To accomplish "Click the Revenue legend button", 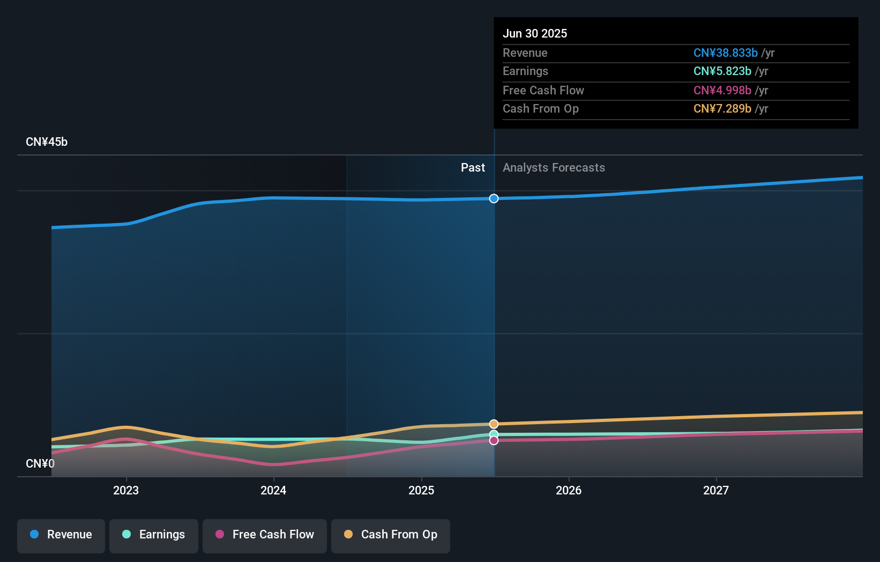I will [61, 535].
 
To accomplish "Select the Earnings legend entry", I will [154, 535].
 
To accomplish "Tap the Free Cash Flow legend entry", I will [265, 535].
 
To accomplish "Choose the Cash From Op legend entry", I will [391, 535].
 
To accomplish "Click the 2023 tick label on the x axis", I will [126, 490].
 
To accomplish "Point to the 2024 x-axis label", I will [273, 490].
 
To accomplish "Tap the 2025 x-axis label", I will [421, 490].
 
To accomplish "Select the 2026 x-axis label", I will [569, 490].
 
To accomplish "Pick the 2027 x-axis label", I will [716, 490].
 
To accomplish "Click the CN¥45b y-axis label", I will [47, 142].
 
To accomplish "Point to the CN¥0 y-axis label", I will [40, 463].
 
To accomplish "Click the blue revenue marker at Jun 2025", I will [494, 198].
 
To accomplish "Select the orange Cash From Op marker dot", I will [494, 424].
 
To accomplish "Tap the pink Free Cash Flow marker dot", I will [494, 440].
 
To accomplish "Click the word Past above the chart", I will [473, 168].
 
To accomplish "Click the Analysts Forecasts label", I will [554, 168].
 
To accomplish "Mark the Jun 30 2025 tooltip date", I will [535, 33].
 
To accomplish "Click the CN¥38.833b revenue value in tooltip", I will [725, 53].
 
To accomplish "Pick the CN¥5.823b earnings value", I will [722, 71].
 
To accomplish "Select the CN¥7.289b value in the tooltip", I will [722, 109].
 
